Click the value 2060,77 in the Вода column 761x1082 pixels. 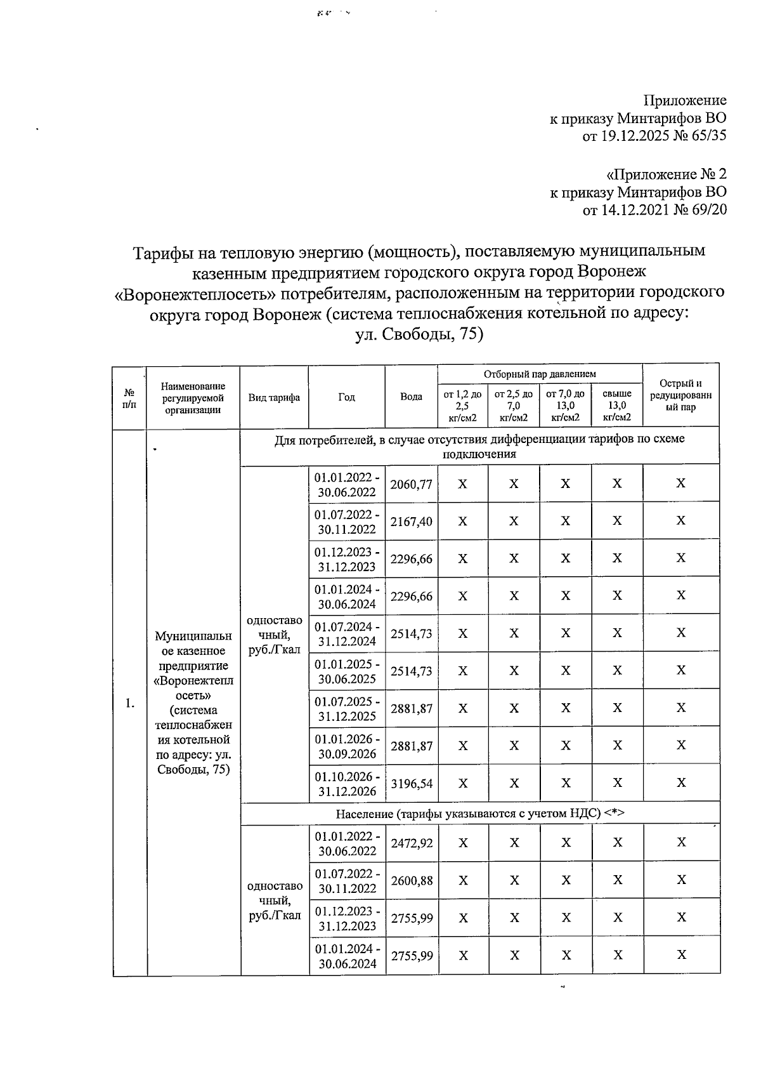(x=411, y=484)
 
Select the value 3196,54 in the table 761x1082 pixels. (x=411, y=784)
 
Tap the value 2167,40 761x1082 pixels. (x=411, y=522)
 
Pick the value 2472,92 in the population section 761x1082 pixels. (x=412, y=843)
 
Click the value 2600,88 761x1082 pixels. (x=412, y=880)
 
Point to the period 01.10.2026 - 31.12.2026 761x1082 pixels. (x=348, y=784)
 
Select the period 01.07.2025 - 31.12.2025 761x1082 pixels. (x=348, y=709)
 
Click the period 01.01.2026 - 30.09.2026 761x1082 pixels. (x=348, y=746)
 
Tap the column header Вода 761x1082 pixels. (x=411, y=397)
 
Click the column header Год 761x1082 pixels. (x=346, y=397)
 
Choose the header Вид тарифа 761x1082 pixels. (x=274, y=397)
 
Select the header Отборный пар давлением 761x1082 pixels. (x=540, y=374)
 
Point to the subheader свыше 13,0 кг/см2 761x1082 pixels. (x=617, y=405)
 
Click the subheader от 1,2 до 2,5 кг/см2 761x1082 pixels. (x=462, y=405)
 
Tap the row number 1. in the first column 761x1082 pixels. (x=129, y=703)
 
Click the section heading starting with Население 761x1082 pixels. (x=480, y=814)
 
